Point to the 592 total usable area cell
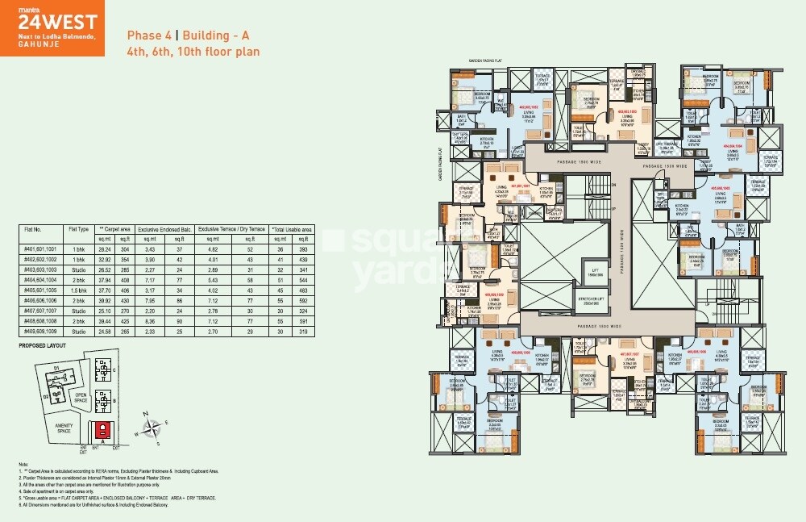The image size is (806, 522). click(304, 299)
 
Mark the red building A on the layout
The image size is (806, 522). click(102, 430)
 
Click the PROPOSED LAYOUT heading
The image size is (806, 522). click(43, 346)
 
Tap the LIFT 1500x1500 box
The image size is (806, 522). click(573, 272)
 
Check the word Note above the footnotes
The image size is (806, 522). click(23, 465)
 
